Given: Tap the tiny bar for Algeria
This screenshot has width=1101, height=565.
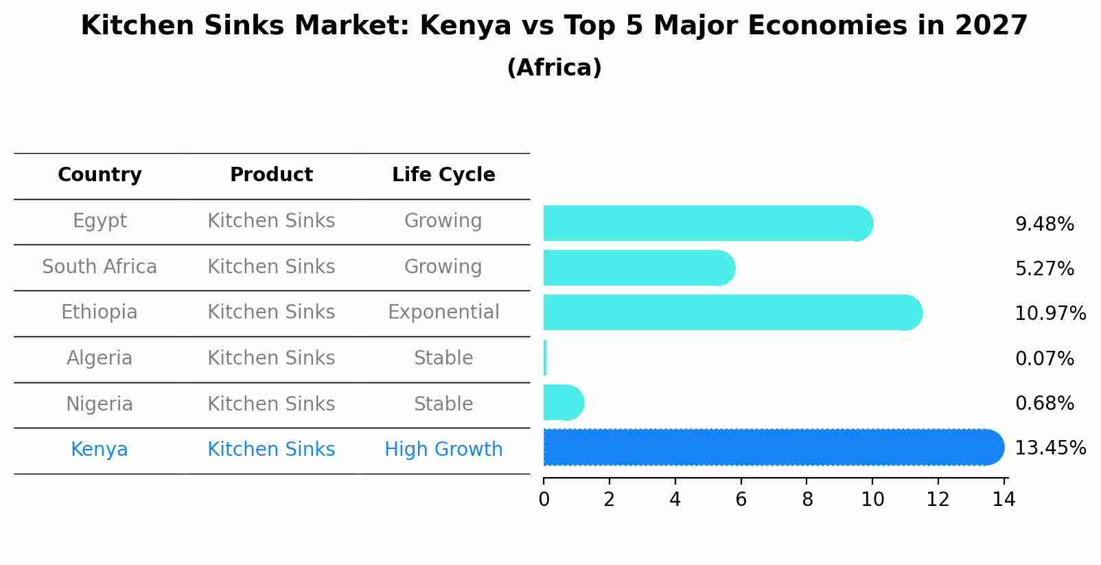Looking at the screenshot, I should coord(545,358).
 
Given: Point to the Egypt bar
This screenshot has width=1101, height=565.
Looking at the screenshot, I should coord(707,224).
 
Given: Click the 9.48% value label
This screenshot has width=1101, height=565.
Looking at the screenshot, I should coord(1044,224).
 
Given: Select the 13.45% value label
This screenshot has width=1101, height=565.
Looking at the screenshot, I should coord(1050,448).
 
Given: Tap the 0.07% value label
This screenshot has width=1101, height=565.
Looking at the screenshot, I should coord(1044,359).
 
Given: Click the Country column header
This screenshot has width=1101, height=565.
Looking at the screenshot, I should coord(100,175).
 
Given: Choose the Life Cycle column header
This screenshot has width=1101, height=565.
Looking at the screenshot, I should coord(443,175).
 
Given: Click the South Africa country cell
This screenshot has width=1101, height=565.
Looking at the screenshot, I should coord(100,267).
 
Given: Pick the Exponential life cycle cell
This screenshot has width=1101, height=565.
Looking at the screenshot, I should coord(443,312).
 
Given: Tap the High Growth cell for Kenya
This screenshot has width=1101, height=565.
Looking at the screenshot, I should coord(443,450).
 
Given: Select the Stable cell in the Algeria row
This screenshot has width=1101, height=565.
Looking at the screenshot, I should coord(443,358).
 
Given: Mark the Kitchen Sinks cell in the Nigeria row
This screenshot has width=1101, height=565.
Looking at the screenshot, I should coord(271,404).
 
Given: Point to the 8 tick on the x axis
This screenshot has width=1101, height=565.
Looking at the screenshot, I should coord(807,500).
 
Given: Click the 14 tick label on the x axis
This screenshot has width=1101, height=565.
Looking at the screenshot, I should coord(1004,500).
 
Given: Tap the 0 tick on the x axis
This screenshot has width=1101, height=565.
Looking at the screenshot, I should coord(544,500).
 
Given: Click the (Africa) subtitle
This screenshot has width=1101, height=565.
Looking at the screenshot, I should coord(554,68).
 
